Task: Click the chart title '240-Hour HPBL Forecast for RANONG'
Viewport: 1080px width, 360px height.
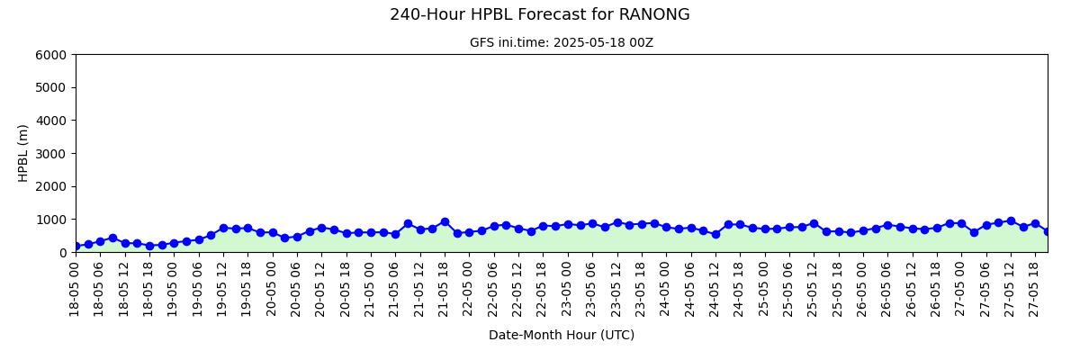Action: [x=539, y=14]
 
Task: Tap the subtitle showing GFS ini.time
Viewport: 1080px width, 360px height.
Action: [x=562, y=43]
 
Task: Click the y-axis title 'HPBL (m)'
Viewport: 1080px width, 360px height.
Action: [x=22, y=153]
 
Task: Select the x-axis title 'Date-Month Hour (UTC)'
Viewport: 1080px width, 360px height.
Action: [x=562, y=335]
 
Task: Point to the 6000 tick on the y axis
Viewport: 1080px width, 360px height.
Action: [x=50, y=55]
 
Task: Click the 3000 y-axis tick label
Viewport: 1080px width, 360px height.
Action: [x=50, y=154]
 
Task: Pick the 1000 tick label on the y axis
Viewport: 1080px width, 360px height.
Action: [x=50, y=220]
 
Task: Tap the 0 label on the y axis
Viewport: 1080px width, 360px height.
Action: [x=62, y=253]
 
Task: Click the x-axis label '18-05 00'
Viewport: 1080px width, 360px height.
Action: [x=74, y=289]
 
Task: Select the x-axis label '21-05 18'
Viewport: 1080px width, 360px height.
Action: [x=443, y=289]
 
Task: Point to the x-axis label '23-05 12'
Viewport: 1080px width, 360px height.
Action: [x=616, y=289]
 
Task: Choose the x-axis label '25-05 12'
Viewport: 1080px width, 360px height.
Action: [x=813, y=289]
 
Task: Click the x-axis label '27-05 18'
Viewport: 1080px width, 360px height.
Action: [x=1033, y=289]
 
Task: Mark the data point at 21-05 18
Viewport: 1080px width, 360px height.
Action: [x=445, y=222]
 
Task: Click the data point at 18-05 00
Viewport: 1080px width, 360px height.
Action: [x=76, y=247]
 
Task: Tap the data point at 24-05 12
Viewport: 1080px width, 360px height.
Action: [x=716, y=234]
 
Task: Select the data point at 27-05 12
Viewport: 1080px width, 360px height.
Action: [x=1011, y=221]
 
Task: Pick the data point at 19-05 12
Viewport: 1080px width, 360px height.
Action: [x=224, y=229]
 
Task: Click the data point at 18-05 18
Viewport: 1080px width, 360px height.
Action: [x=150, y=247]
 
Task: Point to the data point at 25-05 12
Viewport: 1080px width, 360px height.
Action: [x=814, y=223]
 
